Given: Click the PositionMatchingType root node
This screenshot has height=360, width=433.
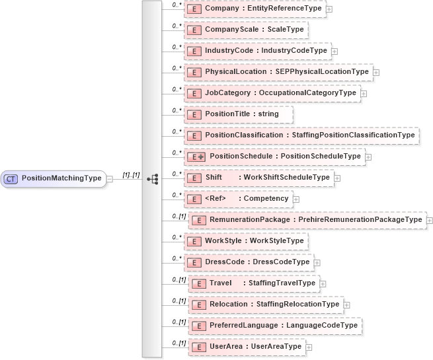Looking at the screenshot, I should tap(54, 178).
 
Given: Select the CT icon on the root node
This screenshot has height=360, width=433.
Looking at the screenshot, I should tap(11, 178).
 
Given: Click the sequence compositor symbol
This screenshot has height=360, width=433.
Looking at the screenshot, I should tap(153, 178).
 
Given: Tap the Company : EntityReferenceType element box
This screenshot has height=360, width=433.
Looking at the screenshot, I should tap(255, 8).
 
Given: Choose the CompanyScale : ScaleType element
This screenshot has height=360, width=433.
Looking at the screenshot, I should tap(246, 30).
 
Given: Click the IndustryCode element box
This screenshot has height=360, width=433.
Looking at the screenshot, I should tap(257, 51).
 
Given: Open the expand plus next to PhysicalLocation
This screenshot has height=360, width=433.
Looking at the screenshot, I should tap(376, 72).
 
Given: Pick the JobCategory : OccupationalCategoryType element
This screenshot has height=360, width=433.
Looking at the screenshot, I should tap(272, 93).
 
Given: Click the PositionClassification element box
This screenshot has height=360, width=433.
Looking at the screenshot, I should tap(301, 135).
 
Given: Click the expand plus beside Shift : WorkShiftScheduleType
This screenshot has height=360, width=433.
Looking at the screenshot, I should tap(337, 178).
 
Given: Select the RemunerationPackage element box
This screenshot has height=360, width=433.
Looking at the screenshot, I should tap(307, 220).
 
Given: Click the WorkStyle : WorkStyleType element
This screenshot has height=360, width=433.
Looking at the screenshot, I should tap(245, 241).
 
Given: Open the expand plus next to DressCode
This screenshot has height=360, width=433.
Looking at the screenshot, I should tap(317, 262).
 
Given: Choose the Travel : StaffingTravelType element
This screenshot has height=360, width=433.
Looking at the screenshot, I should tap(254, 283).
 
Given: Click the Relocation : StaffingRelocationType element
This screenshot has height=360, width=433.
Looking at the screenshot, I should tap(266, 305).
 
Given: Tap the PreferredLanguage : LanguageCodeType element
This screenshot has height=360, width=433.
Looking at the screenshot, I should tap(275, 326).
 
